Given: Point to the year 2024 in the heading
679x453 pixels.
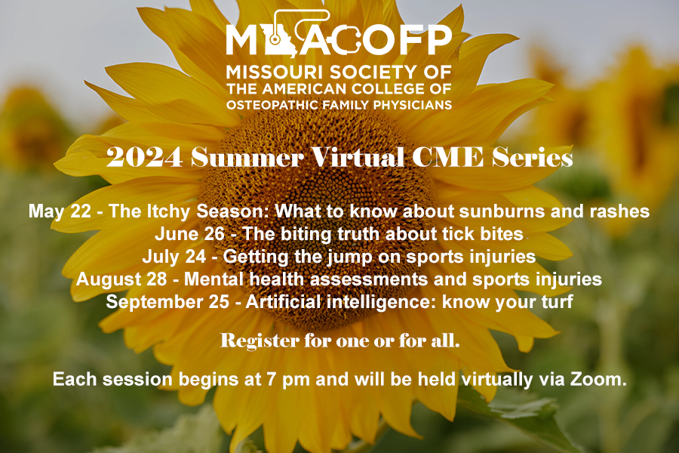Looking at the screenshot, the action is pos(144,157).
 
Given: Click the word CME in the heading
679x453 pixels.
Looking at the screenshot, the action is pos(447,157).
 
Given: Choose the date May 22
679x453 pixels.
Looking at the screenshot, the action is pos(60,211).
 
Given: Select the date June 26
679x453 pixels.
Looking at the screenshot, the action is pos(189,234).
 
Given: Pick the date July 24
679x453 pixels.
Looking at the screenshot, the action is pos(174,257).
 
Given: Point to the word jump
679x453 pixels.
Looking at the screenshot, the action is pos(350,257).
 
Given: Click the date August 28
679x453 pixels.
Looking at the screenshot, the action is pos(121,279).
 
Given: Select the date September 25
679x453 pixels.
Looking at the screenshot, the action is pos(167,302).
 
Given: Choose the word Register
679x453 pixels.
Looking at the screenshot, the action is pos(260,341).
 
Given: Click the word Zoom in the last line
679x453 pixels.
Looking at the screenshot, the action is pos(598,379).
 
